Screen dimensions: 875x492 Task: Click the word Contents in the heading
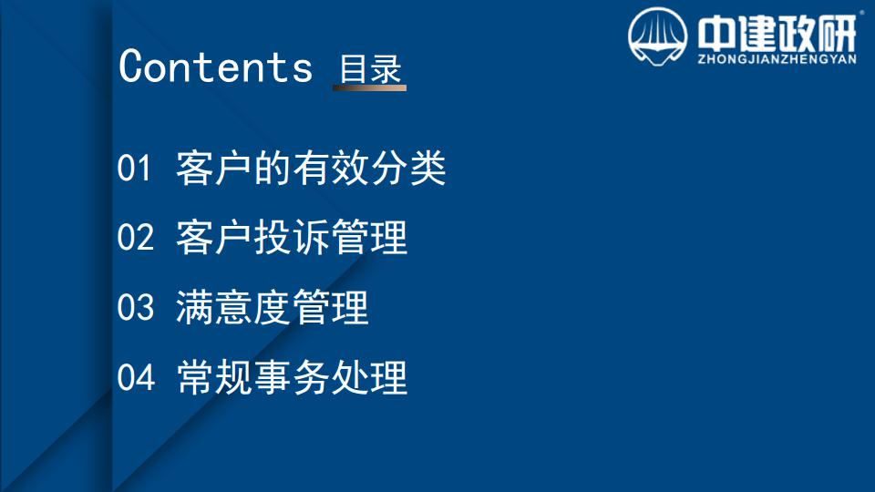(215, 67)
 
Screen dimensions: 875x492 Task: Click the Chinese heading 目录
(371, 68)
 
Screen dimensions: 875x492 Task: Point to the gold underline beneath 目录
(369, 87)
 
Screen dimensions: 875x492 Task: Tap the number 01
(134, 168)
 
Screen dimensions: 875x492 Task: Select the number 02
(135, 237)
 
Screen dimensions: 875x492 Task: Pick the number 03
(135, 307)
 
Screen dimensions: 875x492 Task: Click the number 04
(136, 377)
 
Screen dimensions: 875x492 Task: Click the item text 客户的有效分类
(311, 168)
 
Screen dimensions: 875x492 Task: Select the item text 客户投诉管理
(292, 237)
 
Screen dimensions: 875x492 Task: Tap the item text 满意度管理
(272, 307)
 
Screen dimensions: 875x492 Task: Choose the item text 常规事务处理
(292, 377)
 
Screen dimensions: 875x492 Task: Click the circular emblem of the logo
(657, 36)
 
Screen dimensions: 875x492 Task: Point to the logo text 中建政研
(777, 34)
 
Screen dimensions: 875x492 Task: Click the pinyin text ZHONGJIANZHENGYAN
(777, 59)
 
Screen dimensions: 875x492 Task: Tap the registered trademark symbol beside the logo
(861, 12)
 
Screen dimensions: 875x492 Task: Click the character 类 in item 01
(427, 168)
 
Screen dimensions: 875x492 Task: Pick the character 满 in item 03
(194, 307)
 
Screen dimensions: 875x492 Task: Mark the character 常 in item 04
(195, 377)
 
